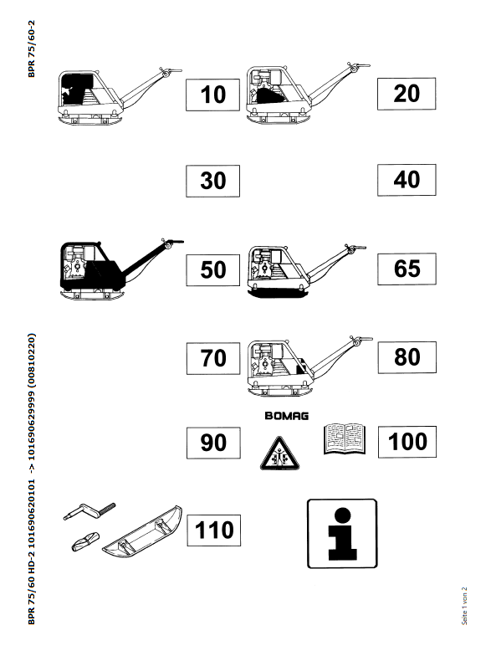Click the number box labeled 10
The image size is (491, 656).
212,95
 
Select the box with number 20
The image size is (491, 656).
407,94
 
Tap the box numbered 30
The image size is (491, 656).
212,181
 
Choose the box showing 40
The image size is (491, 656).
407,180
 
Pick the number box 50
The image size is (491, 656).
212,269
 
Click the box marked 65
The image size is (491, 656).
407,269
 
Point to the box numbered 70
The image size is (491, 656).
213,358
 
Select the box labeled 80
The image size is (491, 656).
407,357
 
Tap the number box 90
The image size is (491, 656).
213,443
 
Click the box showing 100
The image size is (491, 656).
407,442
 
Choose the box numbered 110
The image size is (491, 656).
214,530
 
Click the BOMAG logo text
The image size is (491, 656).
287,416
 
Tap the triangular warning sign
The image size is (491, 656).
279,454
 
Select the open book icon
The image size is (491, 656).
345,438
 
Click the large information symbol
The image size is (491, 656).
342,534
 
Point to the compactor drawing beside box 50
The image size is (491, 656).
122,269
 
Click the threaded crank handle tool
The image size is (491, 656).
90,511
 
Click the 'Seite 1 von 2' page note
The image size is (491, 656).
464,606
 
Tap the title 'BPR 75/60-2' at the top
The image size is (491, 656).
32,49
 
